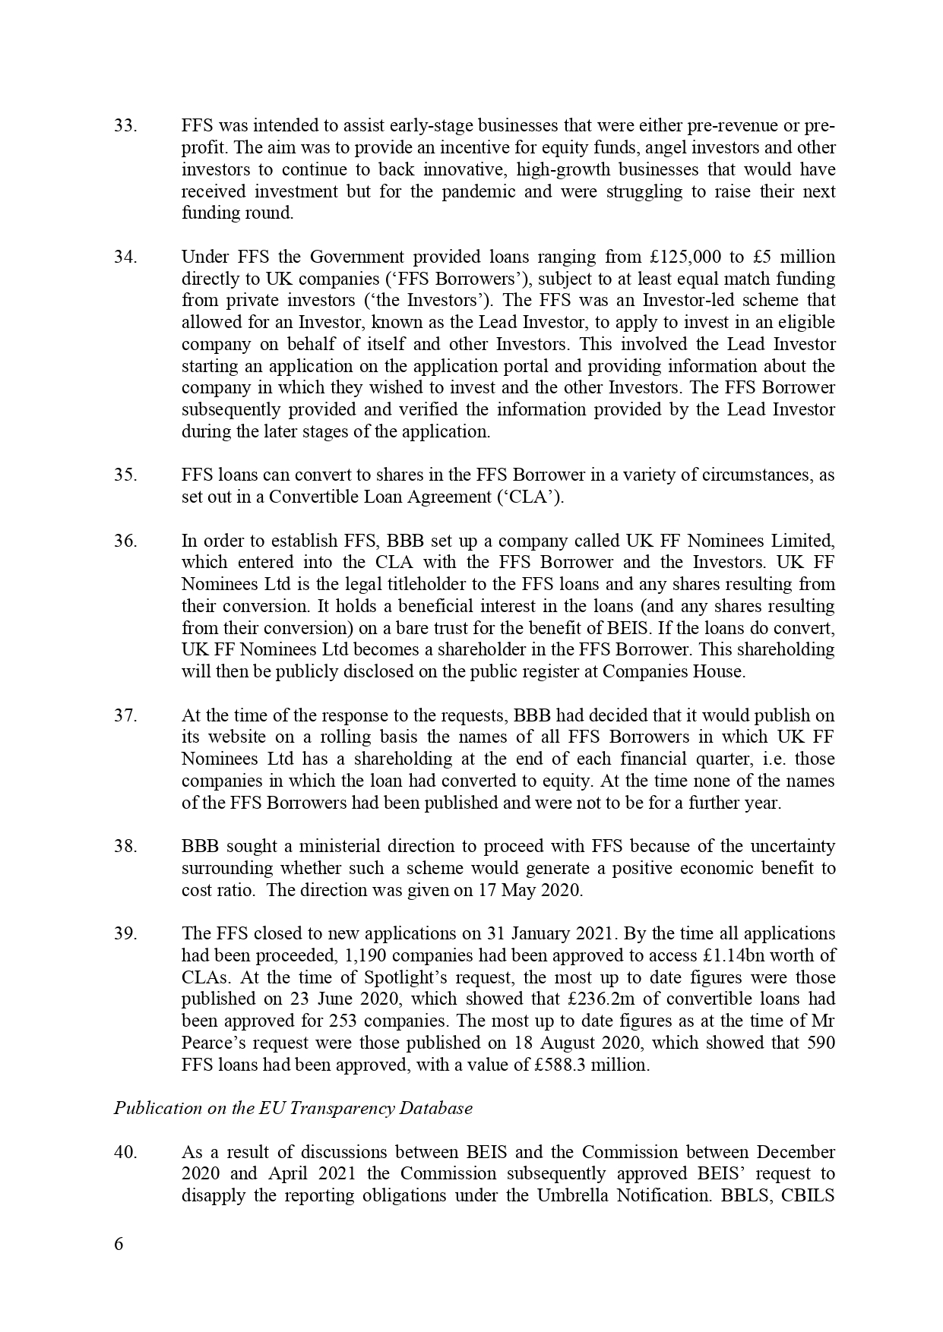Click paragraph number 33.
(125, 126)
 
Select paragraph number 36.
(125, 541)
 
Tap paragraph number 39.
(125, 934)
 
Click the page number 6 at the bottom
(119, 1244)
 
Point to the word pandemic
(482, 191)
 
